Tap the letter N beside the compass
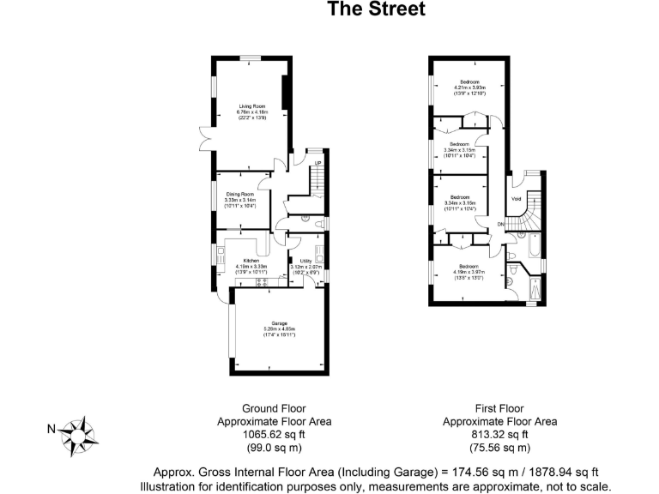coord(51,430)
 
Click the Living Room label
coord(251,106)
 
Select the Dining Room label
coord(241,195)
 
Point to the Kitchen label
coord(251,261)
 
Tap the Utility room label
coord(305,261)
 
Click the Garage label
coord(279,323)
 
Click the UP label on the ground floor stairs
coord(317,163)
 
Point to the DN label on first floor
coord(501,225)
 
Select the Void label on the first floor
coord(516,199)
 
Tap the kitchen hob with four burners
coord(221,253)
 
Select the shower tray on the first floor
coord(536,290)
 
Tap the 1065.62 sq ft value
coord(274,435)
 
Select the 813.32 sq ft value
coord(499,435)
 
